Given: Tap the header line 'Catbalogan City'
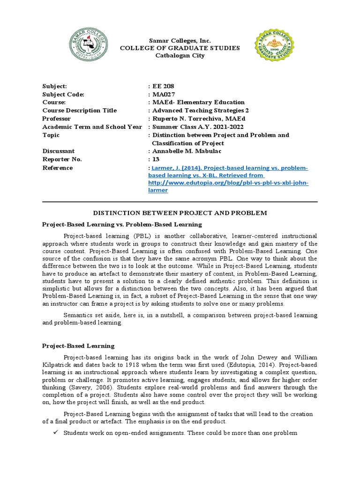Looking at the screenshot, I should coord(180,56).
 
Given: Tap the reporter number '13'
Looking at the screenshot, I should coord(156,159).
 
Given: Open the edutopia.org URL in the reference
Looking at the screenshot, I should coord(228,183).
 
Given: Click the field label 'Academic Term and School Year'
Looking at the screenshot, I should coord(92,127).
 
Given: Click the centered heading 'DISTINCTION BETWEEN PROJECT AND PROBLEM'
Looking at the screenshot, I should coord(180,213).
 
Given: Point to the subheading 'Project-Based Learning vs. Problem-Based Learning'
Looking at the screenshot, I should coord(122,225).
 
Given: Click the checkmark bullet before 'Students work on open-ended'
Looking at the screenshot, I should coord(55,433).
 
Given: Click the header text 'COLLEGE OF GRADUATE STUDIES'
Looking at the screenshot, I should coord(180,48).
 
